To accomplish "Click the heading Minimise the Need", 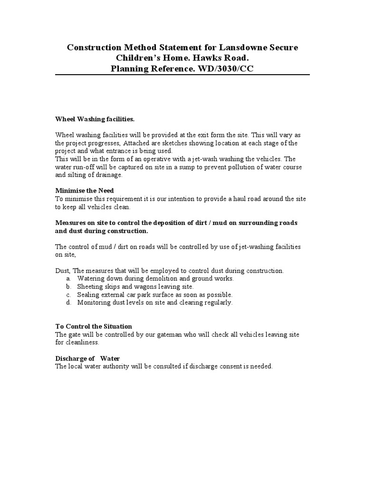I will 85,191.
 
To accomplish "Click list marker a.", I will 68,278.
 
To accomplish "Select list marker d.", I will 69,302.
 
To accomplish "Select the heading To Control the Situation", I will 94,327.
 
